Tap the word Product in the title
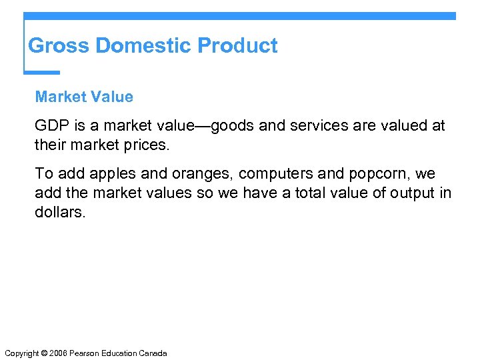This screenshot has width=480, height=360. (238, 46)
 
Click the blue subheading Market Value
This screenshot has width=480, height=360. (84, 97)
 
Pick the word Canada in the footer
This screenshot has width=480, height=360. (153, 353)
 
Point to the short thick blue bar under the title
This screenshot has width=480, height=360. (41, 72)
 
